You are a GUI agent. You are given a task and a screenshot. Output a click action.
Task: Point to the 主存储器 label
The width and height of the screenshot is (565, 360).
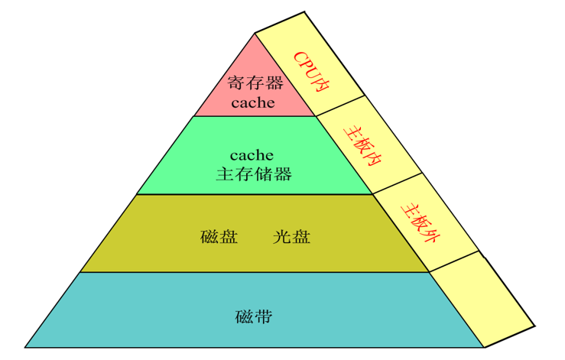(254, 174)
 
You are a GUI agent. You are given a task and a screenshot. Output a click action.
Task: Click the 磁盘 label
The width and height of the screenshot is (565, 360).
(219, 236)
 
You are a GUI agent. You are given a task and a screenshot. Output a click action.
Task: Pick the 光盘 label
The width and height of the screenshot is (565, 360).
(291, 236)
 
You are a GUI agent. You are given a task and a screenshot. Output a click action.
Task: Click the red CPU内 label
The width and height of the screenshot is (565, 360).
(310, 73)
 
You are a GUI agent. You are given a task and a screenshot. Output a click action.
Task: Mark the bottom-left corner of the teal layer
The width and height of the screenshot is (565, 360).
(24, 347)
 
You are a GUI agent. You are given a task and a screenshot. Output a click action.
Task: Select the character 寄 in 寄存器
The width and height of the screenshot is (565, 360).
(235, 83)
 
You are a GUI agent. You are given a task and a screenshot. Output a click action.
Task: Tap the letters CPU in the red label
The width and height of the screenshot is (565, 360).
(304, 65)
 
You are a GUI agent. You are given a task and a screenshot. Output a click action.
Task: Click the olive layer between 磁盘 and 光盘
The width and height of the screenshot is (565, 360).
(255, 236)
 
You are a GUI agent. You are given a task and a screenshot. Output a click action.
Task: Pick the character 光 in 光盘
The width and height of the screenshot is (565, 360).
(282, 236)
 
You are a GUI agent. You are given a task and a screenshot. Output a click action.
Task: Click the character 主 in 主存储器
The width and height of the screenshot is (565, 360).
(224, 174)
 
